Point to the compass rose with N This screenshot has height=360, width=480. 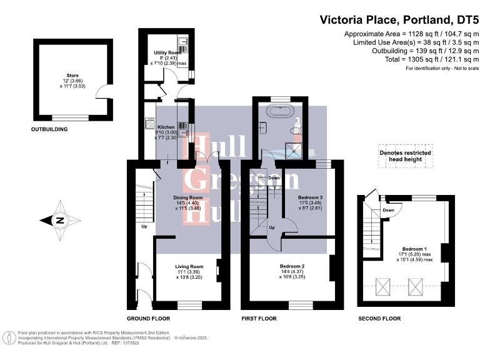tap(59, 219)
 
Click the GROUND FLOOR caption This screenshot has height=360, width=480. tap(147, 319)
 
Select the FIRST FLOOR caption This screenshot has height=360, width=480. tap(259, 319)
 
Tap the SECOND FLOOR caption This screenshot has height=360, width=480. tap(379, 319)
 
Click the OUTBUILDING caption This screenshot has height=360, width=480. tap(49, 129)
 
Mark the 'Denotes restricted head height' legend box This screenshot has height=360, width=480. tap(406, 156)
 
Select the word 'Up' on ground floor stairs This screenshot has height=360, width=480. tap(144, 226)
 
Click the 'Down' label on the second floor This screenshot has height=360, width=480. tap(389, 211)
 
